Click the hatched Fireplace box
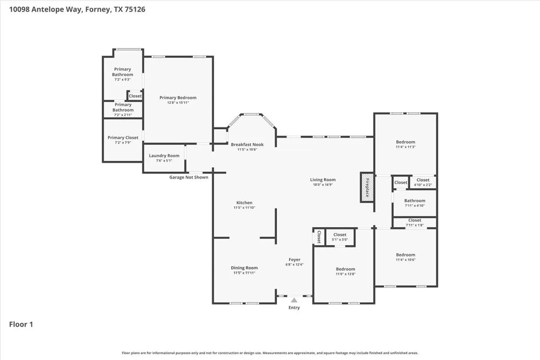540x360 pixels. click(367, 187)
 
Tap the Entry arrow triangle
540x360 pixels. click(294, 300)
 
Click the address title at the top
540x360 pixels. click(77, 9)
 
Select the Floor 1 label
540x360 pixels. click(21, 324)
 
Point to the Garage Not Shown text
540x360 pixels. click(189, 177)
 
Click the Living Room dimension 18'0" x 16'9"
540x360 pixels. click(323, 184)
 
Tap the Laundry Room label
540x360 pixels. click(164, 156)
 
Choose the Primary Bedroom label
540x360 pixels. click(178, 97)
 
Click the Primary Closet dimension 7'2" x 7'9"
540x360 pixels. click(123, 143)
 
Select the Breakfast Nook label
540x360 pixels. click(247, 144)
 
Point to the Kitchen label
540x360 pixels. click(244, 202)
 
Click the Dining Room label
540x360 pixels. click(244, 268)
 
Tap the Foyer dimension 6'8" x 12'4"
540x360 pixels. click(294, 264)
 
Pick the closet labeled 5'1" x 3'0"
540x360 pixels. click(340, 237)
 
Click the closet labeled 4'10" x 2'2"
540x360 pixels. click(423, 183)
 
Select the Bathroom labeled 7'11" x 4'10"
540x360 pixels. click(414, 203)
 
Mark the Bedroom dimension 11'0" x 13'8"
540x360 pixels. click(346, 274)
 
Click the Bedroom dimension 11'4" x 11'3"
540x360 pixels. click(405, 147)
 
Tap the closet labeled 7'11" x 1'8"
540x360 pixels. click(414, 223)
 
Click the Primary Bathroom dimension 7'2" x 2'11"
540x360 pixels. click(123, 115)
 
